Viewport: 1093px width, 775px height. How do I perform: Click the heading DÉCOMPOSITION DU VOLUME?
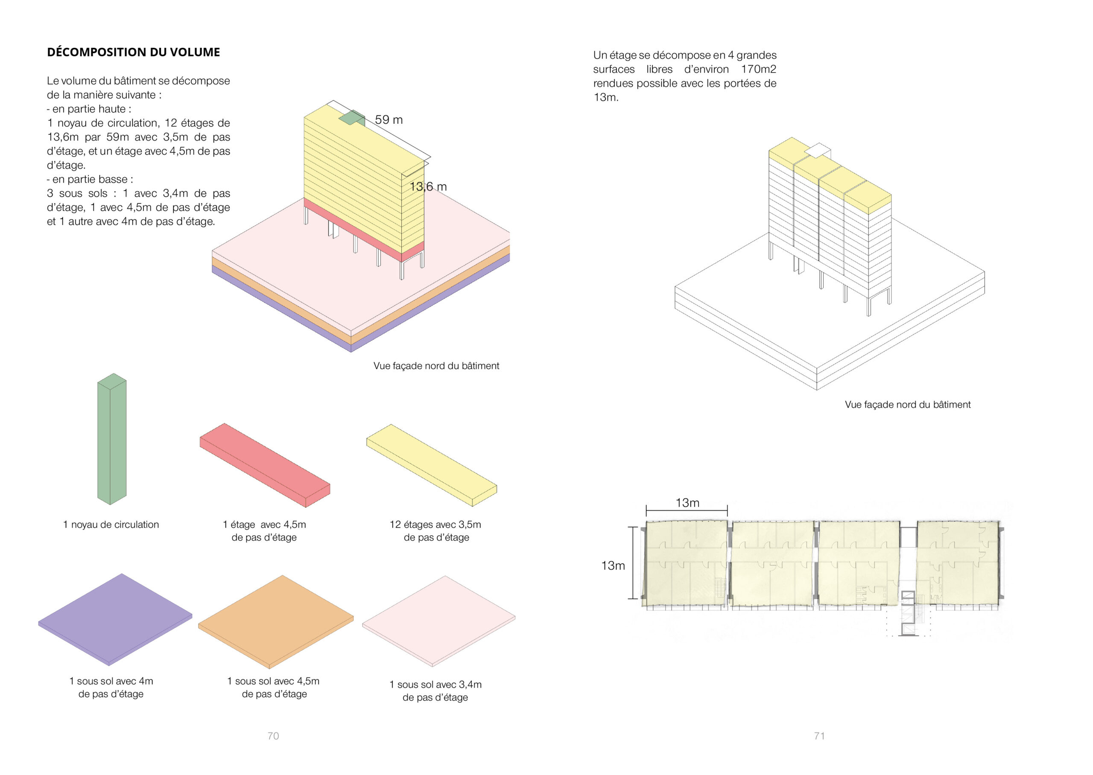[x=133, y=52]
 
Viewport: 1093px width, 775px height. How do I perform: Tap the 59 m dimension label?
[x=389, y=120]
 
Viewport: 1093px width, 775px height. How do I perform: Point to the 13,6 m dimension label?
[x=428, y=186]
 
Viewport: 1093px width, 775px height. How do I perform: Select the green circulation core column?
[x=112, y=439]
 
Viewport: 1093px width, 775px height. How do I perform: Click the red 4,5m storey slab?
[x=265, y=465]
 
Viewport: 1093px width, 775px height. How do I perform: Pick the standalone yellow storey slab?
[x=432, y=465]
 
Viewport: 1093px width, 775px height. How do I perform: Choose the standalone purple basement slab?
[x=115, y=619]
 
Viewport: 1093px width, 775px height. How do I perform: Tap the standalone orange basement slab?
[x=276, y=622]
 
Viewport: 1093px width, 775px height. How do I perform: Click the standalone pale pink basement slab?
[x=438, y=621]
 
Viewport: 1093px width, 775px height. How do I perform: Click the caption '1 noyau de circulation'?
[x=111, y=524]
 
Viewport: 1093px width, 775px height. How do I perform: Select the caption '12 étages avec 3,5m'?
[x=435, y=524]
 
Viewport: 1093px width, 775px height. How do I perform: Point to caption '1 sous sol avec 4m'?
[x=111, y=681]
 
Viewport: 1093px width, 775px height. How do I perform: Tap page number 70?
[x=273, y=736]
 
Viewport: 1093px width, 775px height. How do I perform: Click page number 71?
[x=819, y=736]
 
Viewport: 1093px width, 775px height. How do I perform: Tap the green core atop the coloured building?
[x=352, y=117]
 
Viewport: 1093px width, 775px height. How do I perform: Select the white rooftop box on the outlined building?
[x=818, y=150]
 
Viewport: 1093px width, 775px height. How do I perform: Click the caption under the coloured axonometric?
[x=436, y=366]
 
